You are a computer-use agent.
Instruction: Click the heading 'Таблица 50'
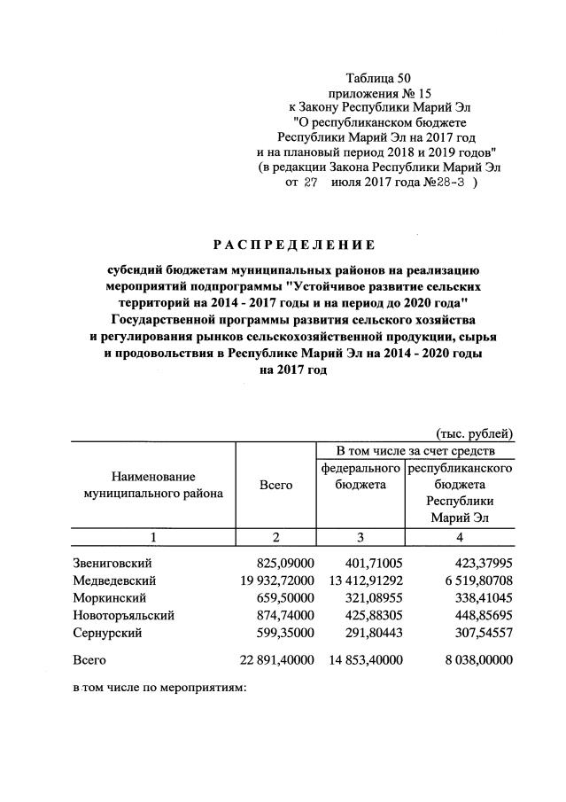coord(379,78)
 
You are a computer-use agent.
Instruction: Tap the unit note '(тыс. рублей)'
coord(475,433)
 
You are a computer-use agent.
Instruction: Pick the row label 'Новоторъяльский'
coord(123,615)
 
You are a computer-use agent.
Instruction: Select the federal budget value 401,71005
coord(368,563)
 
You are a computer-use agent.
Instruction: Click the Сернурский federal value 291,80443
coord(368,633)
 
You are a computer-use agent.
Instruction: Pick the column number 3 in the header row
coord(360,536)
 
